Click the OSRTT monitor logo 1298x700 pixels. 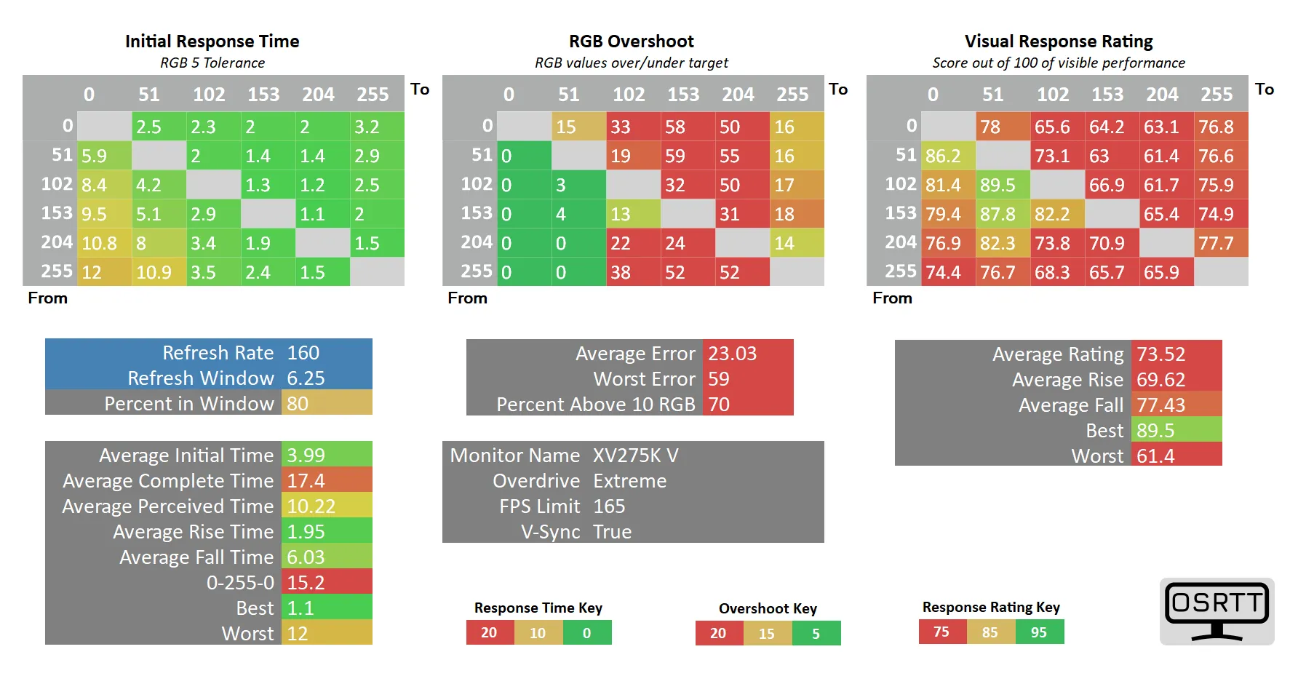1217,610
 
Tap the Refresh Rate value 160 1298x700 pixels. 303,353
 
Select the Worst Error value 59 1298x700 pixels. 719,379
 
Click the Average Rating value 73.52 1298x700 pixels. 1161,354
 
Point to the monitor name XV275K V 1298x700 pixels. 635,456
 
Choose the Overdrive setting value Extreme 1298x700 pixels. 629,481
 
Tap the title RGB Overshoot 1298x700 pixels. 631,41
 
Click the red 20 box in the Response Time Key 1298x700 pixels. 489,633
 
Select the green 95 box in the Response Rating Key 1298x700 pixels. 1039,632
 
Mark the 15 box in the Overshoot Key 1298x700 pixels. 767,634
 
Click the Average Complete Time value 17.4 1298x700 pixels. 306,481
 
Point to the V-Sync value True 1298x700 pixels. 612,532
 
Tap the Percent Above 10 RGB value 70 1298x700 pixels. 719,405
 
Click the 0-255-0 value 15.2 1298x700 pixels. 306,583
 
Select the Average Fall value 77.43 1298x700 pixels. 1161,405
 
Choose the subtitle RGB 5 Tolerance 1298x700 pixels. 212,63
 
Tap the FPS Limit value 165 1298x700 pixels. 609,506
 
